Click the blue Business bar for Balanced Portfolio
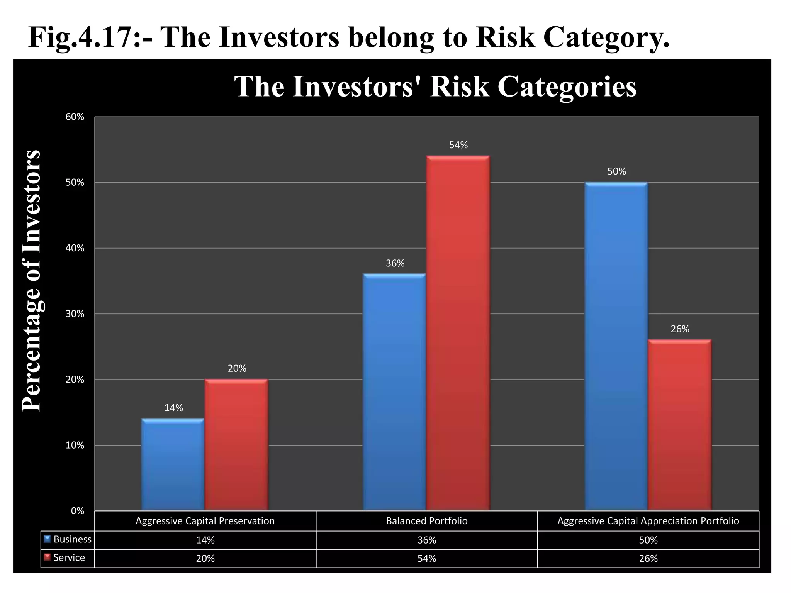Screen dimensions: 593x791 pyautogui.click(x=394, y=392)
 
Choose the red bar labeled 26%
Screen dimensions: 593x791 pyautogui.click(x=679, y=425)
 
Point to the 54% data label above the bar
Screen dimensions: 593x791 pyautogui.click(x=458, y=145)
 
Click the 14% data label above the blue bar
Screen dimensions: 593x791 pyautogui.click(x=173, y=408)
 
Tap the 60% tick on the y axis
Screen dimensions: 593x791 pyautogui.click(x=75, y=117)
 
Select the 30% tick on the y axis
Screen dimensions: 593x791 pyautogui.click(x=75, y=314)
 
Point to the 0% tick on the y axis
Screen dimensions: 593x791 pyautogui.click(x=77, y=511)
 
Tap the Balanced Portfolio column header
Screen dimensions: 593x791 pyautogui.click(x=426, y=521)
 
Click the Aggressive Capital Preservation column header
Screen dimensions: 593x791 pyautogui.click(x=205, y=521)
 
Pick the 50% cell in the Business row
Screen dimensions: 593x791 pyautogui.click(x=648, y=540)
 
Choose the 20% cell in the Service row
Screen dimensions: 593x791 pyautogui.click(x=205, y=559)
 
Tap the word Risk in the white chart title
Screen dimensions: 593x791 pyautogui.click(x=459, y=86)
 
